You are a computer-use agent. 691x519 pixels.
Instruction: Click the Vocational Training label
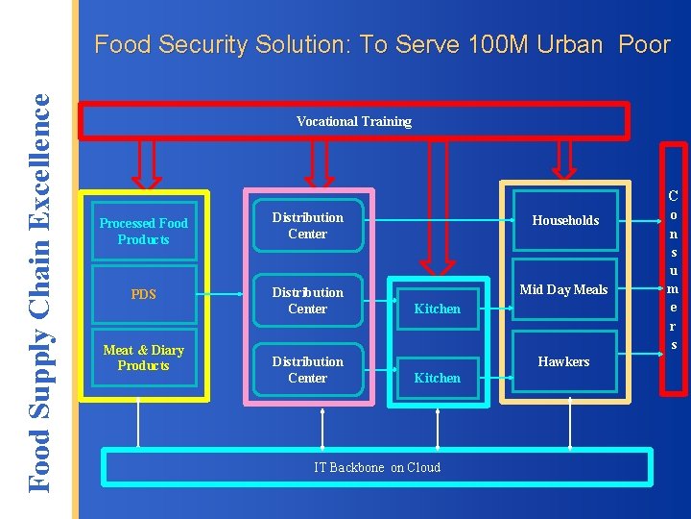(x=353, y=121)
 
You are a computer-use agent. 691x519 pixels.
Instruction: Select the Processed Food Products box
(x=144, y=231)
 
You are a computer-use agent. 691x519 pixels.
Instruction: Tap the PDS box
(x=144, y=294)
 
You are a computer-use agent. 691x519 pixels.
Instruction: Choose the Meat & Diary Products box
(x=144, y=358)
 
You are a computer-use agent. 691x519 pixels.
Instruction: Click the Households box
(x=565, y=221)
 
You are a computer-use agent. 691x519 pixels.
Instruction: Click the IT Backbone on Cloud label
(x=377, y=467)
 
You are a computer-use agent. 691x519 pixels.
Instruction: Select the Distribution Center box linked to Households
(x=307, y=226)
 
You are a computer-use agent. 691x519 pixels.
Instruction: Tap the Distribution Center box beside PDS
(x=307, y=300)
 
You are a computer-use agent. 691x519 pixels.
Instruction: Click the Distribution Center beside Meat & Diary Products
(x=307, y=369)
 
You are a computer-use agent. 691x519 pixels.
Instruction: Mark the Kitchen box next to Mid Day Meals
(x=437, y=309)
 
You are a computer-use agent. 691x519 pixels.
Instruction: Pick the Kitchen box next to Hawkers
(x=437, y=378)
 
